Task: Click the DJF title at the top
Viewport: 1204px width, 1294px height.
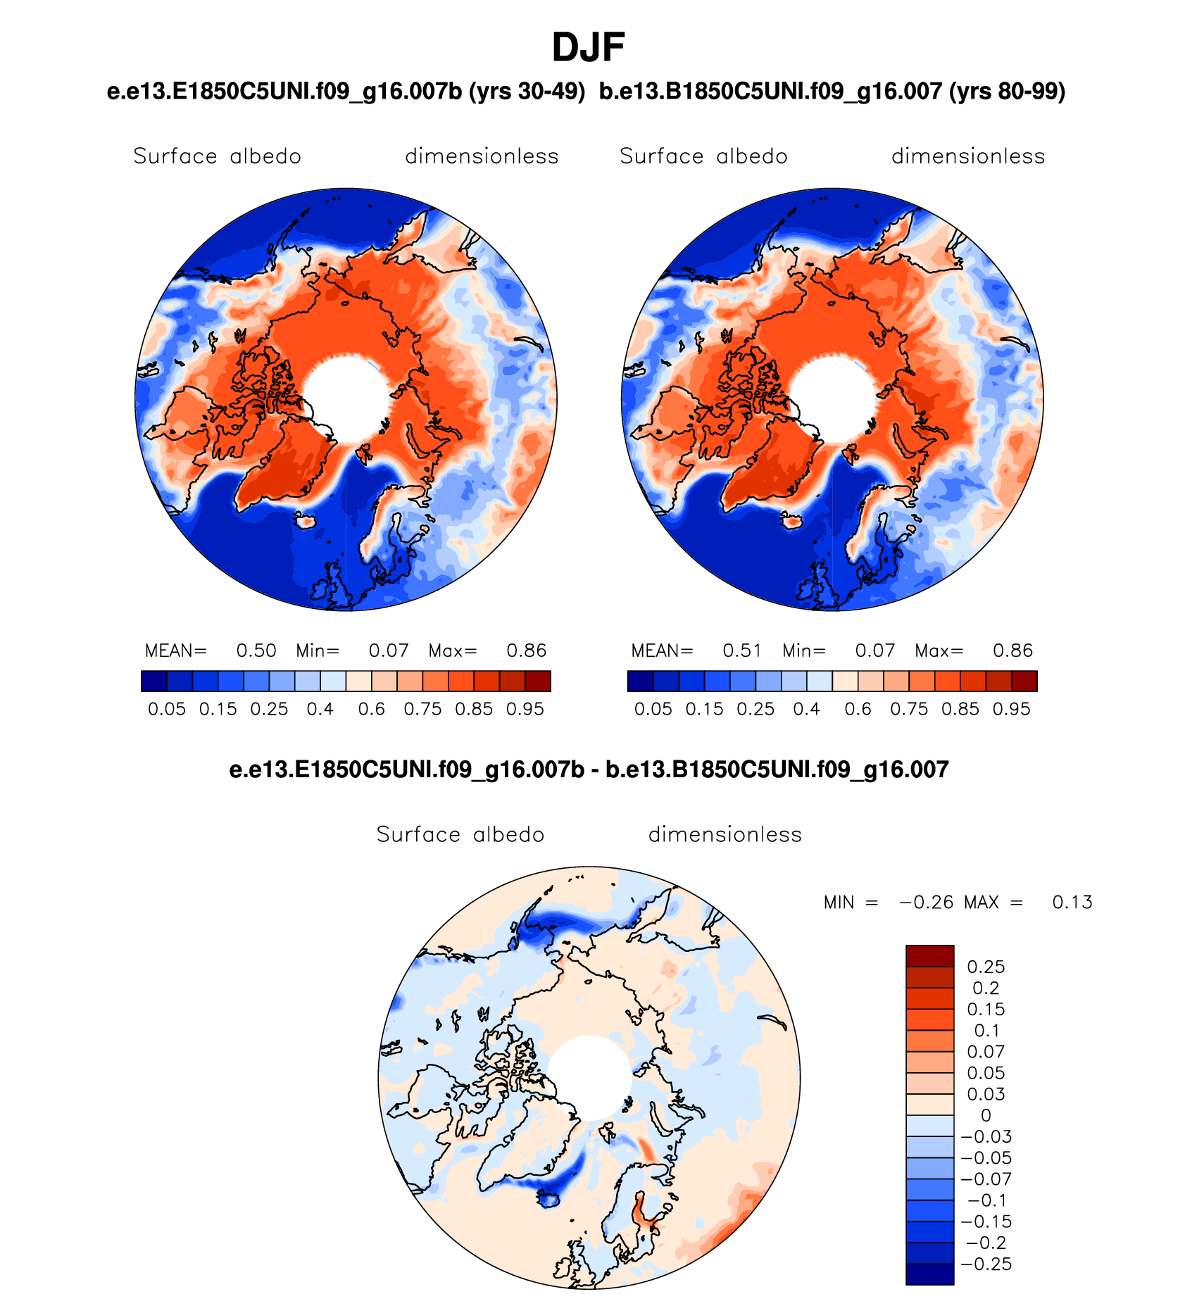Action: [x=588, y=48]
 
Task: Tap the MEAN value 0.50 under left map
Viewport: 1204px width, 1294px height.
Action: [x=256, y=651]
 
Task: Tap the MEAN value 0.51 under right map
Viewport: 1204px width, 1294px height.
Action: [x=742, y=651]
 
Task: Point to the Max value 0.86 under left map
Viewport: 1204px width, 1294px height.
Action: [x=527, y=651]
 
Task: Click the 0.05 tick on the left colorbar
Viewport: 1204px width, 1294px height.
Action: [x=167, y=709]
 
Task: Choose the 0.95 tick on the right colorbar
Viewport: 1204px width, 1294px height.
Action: [x=1012, y=709]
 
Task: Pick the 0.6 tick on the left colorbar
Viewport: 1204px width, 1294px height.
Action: [x=372, y=709]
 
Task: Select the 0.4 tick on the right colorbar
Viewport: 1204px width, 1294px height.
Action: [x=807, y=709]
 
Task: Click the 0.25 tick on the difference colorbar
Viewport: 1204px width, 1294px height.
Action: [x=986, y=967]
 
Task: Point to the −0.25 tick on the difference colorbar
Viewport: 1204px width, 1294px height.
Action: [x=986, y=1264]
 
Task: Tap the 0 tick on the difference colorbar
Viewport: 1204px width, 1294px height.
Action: [x=986, y=1116]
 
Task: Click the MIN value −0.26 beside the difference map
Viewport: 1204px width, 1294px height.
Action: [x=926, y=903]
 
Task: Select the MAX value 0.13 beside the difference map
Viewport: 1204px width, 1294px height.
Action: [x=1072, y=903]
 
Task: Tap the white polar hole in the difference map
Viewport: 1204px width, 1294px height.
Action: [x=589, y=1077]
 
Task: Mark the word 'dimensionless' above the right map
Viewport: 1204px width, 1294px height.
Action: [x=968, y=156]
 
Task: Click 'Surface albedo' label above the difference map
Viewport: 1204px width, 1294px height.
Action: [x=460, y=835]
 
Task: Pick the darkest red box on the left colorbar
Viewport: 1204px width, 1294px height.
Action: [x=538, y=681]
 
